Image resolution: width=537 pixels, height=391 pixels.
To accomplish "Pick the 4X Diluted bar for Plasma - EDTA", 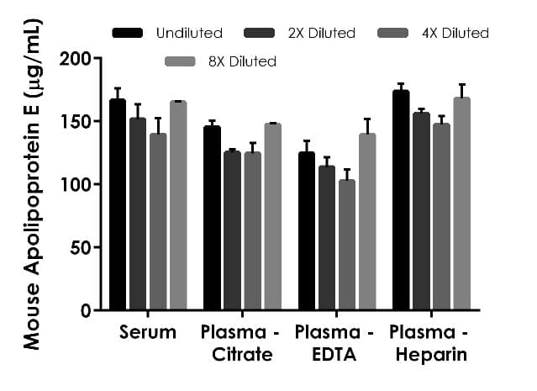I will coord(346,245).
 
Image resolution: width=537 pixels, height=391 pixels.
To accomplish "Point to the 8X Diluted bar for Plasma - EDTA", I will coord(366,222).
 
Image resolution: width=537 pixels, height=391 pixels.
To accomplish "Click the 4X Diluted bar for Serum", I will coord(158,222).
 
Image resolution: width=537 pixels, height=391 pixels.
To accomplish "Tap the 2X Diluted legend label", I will coord(322,34).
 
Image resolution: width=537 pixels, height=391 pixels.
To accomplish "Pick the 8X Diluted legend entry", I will coord(218,61).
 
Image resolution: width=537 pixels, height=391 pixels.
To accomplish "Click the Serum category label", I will coord(148,332).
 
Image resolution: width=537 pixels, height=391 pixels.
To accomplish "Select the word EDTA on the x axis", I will coord(336,355).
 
